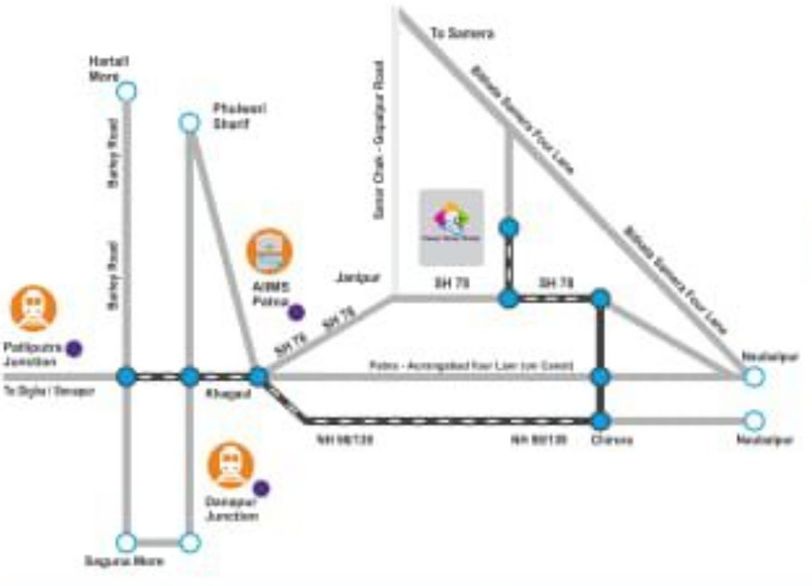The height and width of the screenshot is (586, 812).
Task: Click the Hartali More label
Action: (107, 69)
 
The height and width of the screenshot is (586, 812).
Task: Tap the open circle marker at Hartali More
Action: (126, 91)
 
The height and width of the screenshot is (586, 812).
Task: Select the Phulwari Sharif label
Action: (232, 116)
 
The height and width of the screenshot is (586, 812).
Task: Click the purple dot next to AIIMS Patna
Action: (296, 312)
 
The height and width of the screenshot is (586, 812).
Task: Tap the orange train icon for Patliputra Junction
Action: (34, 308)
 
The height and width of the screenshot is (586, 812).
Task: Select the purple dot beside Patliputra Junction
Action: (74, 349)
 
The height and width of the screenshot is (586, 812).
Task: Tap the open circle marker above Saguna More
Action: (126, 543)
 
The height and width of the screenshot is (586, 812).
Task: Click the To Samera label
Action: (462, 34)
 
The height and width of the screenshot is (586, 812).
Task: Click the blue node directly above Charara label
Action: (602, 420)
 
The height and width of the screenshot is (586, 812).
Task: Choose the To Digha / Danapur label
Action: (49, 390)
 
